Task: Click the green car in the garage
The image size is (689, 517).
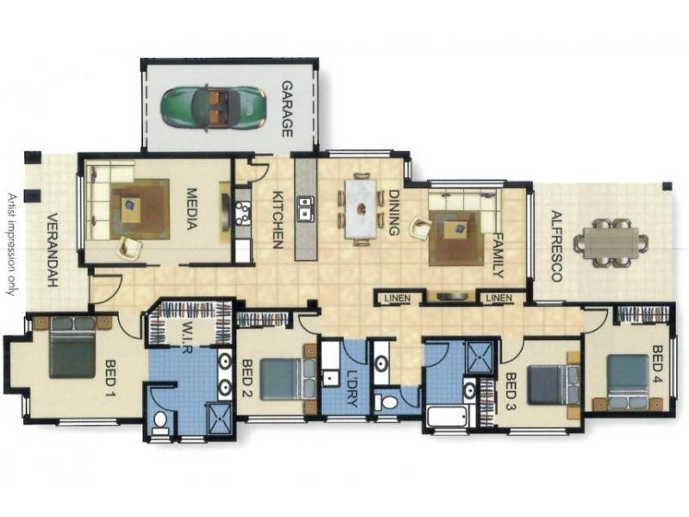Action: pyautogui.click(x=213, y=107)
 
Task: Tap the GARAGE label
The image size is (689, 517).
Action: pyautogui.click(x=287, y=109)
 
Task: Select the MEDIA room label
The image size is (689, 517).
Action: pyautogui.click(x=191, y=209)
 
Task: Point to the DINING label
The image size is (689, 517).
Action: pyautogui.click(x=394, y=212)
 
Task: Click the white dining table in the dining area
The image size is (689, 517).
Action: pyautogui.click(x=361, y=209)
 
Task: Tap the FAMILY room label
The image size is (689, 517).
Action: pyautogui.click(x=497, y=255)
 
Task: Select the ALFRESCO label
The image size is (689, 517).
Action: pyautogui.click(x=556, y=246)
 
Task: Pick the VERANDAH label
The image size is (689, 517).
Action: pyautogui.click(x=53, y=250)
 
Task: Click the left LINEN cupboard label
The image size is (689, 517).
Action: pyautogui.click(x=397, y=298)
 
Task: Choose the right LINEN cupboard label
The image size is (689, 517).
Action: pyautogui.click(x=500, y=298)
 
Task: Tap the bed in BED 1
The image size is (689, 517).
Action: pyautogui.click(x=73, y=347)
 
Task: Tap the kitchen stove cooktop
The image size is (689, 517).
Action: pyautogui.click(x=242, y=213)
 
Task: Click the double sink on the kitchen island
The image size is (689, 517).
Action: pyautogui.click(x=306, y=208)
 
